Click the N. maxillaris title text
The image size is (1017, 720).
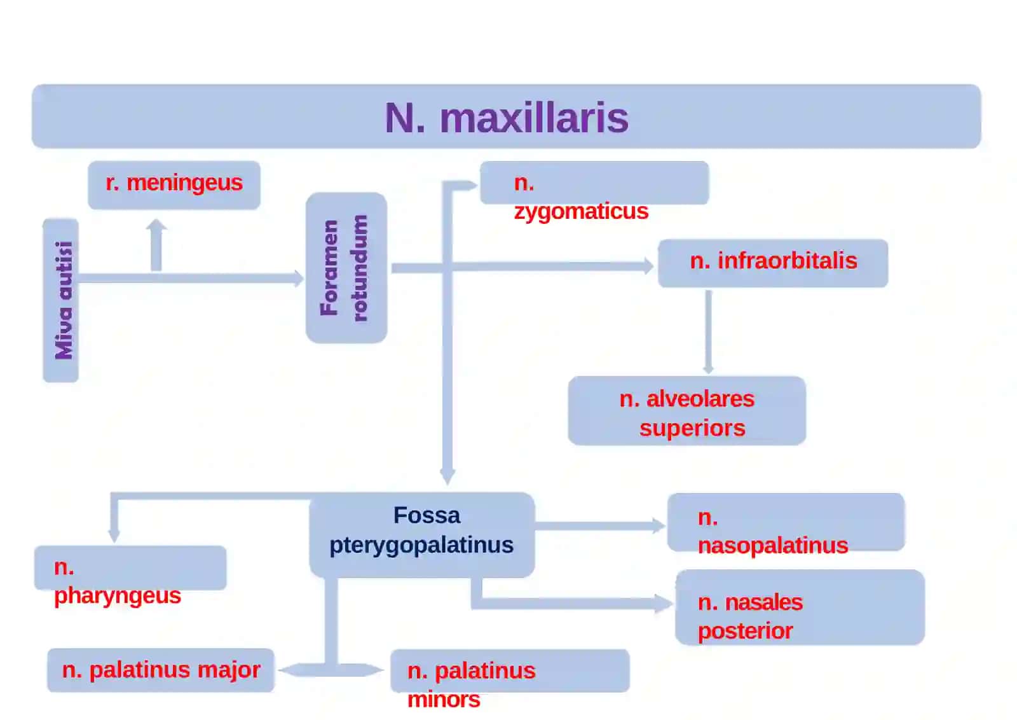(506, 118)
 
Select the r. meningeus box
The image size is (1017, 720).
(174, 185)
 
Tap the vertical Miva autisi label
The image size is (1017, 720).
(64, 300)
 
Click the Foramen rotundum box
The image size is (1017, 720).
(346, 268)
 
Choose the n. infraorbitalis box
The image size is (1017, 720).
(773, 263)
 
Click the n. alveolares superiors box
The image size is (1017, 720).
(687, 411)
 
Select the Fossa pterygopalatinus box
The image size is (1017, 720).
(422, 535)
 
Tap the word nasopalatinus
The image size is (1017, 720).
(773, 546)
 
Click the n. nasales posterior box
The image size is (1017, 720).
(800, 607)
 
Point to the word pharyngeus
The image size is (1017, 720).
(118, 595)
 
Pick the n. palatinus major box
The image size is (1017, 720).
(161, 670)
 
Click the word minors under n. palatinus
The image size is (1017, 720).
(444, 700)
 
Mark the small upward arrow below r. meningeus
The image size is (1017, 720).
(156, 245)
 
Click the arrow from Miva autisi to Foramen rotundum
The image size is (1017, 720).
(191, 278)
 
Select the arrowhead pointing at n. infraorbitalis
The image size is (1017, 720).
(649, 266)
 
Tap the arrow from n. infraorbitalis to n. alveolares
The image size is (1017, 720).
(708, 332)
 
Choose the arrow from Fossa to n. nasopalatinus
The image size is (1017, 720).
(600, 525)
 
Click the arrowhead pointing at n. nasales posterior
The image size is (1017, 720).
(664, 604)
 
